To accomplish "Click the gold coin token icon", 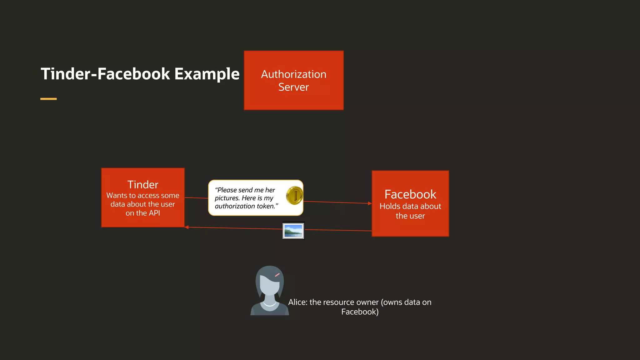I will pyautogui.click(x=294, y=195).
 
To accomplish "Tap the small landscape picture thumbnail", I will pyautogui.click(x=293, y=231).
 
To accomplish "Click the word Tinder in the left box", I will pyautogui.click(x=143, y=185).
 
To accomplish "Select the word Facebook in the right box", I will pyautogui.click(x=410, y=194).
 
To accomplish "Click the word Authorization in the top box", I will pyautogui.click(x=293, y=74).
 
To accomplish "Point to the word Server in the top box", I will pyautogui.click(x=293, y=87).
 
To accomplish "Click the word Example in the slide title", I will pyautogui.click(x=207, y=74).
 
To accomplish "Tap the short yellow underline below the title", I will pyautogui.click(x=48, y=99).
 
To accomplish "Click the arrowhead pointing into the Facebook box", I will pyautogui.click(x=370, y=203).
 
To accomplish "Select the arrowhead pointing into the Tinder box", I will pyautogui.click(x=187, y=227).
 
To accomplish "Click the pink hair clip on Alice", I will pyautogui.click(x=277, y=275).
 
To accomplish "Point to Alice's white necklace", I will pyautogui.click(x=269, y=304).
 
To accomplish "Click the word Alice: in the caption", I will pyautogui.click(x=297, y=302).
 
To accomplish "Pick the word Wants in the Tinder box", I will pyautogui.click(x=117, y=196).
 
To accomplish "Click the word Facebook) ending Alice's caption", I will pyautogui.click(x=360, y=312).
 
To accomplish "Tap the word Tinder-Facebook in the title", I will pyautogui.click(x=106, y=74).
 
